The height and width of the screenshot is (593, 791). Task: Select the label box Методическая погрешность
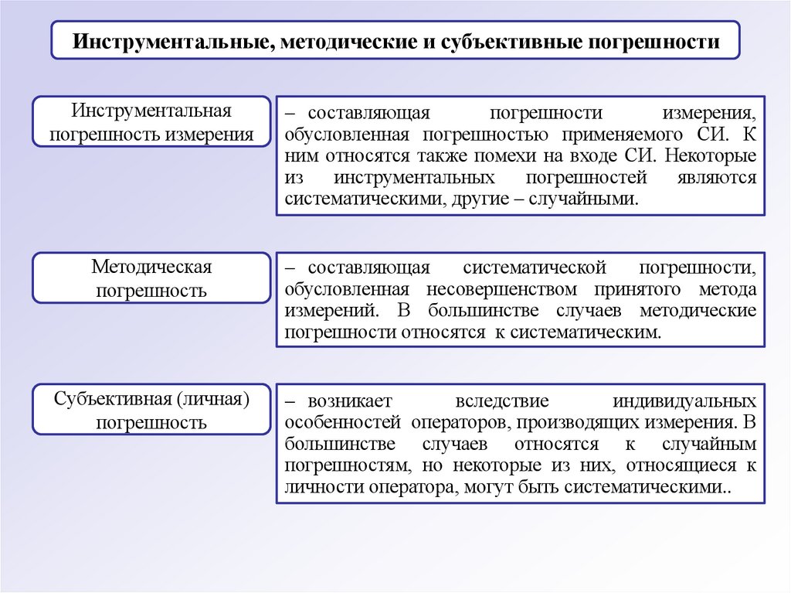[x=151, y=278]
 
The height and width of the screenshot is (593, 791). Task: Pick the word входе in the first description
[x=592, y=155]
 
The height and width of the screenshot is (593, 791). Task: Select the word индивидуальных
[x=684, y=401]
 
